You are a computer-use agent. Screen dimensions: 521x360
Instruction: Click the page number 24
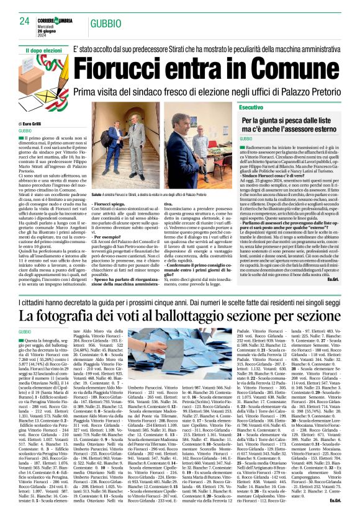coord(24,21)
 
